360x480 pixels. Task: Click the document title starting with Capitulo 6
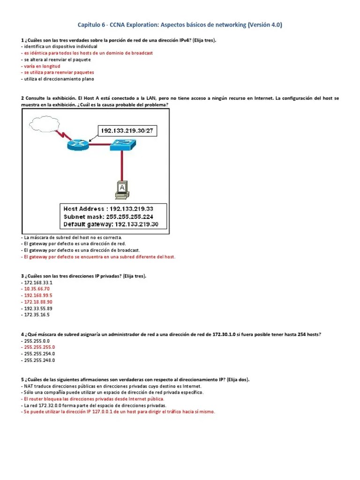tap(180, 25)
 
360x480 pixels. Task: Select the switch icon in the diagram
tap(123, 146)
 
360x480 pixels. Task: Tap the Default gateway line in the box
tap(112, 225)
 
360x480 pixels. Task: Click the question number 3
tap(22, 276)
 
